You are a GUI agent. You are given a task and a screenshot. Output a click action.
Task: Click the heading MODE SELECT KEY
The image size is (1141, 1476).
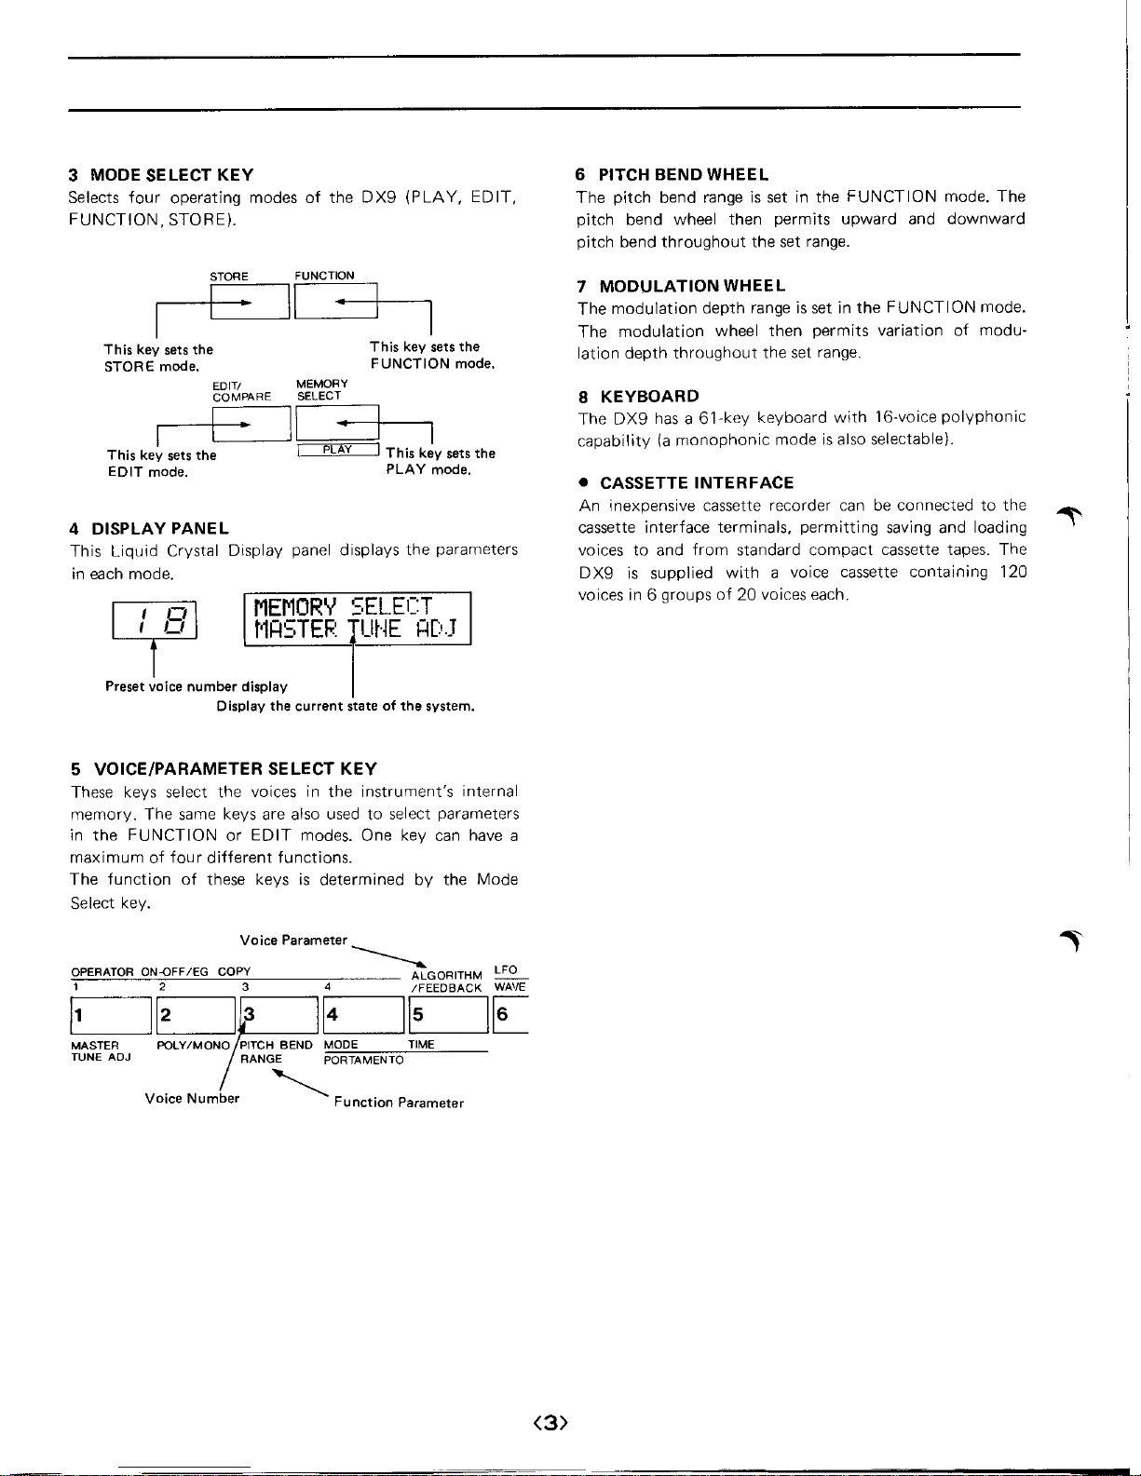tap(171, 175)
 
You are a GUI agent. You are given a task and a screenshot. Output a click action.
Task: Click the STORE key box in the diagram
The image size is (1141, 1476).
tap(250, 301)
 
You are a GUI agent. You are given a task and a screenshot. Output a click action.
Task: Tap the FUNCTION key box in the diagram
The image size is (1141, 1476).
tap(335, 300)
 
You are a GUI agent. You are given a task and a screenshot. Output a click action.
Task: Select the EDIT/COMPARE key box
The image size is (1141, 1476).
tap(251, 424)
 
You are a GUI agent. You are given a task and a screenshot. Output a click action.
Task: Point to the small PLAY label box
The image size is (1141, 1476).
tap(337, 450)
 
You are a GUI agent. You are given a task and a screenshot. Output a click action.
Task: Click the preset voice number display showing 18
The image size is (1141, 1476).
tap(155, 620)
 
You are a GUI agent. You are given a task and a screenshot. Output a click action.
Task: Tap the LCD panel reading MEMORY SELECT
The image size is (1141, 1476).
tap(358, 618)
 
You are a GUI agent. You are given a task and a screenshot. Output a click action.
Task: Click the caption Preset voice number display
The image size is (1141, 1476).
tap(197, 686)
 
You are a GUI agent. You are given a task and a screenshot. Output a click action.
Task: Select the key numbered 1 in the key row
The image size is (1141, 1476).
tap(111, 1015)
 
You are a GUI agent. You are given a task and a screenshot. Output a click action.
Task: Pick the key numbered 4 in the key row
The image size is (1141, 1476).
tap(363, 1015)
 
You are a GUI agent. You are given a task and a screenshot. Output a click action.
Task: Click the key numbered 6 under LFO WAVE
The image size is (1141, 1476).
tap(510, 1015)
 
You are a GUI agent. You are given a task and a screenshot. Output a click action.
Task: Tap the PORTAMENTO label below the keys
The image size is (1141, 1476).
tap(363, 1061)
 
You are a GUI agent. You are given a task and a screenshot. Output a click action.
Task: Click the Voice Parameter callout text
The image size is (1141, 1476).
tap(293, 940)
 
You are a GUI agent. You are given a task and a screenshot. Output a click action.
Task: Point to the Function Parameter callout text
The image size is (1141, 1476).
tap(399, 1103)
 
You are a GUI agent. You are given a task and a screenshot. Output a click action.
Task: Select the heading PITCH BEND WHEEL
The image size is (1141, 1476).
tap(684, 174)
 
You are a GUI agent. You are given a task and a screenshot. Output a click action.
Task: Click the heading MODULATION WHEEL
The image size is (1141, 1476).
tap(692, 286)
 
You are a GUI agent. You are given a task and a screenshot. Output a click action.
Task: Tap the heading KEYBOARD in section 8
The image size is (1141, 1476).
tap(649, 397)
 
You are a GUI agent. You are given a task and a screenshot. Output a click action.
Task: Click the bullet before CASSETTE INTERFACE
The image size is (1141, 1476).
tap(583, 483)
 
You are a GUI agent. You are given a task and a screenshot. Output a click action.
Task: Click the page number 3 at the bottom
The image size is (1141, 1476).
tap(550, 1422)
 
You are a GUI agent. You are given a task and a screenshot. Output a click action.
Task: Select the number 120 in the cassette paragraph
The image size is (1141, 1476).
tap(1012, 572)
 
